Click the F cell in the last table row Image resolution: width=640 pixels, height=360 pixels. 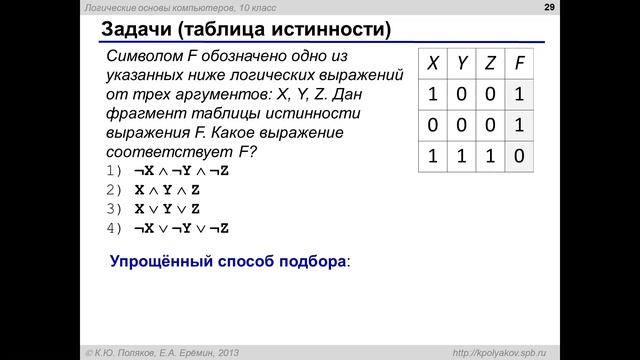519,158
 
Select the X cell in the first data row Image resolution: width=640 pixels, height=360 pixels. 432,96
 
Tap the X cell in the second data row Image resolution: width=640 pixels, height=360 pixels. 432,127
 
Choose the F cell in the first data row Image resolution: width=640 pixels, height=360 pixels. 519,96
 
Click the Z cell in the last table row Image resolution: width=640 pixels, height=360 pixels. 490,158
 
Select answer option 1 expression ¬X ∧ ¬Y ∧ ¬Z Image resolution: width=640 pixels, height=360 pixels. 181,171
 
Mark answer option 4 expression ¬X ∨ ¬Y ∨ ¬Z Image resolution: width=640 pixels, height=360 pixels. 181,228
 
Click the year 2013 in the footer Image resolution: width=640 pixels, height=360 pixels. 223,351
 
